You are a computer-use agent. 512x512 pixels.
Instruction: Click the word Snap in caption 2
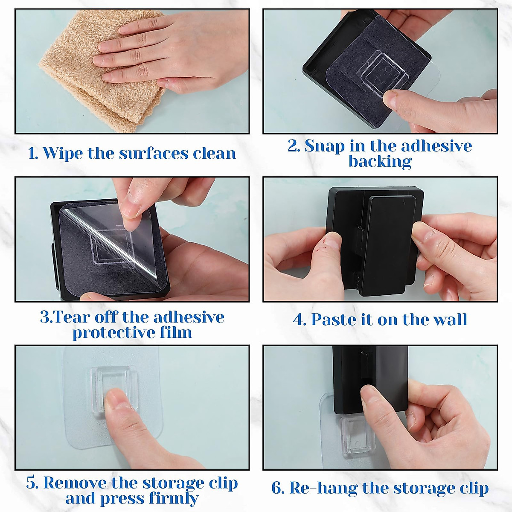point(324,146)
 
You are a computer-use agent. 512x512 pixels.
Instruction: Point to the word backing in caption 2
point(380,162)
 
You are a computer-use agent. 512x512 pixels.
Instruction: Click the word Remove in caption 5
point(75,483)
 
